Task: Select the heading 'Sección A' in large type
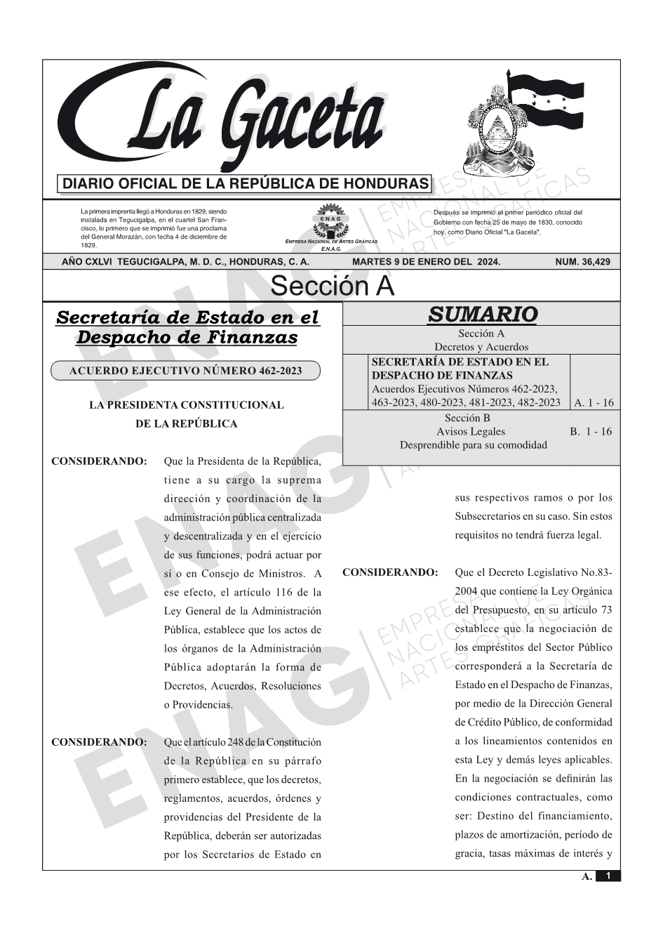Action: (x=332, y=286)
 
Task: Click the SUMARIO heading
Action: (x=482, y=314)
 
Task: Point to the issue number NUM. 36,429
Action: (x=582, y=262)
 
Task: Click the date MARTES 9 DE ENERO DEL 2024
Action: (x=427, y=262)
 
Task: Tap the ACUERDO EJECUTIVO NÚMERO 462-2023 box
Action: (x=185, y=370)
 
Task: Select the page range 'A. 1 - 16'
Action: (x=594, y=403)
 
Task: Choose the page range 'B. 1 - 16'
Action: (x=591, y=432)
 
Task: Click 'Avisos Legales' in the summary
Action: (x=470, y=432)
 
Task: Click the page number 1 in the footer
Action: (x=608, y=876)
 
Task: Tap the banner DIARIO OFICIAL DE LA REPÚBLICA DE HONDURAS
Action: (x=245, y=184)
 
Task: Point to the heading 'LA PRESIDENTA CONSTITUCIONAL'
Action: (x=186, y=405)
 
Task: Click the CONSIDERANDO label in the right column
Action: (x=390, y=572)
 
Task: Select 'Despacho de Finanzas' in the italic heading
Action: (x=187, y=338)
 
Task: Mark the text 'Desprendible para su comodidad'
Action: (x=473, y=445)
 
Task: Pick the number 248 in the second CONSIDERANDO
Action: (x=230, y=742)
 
